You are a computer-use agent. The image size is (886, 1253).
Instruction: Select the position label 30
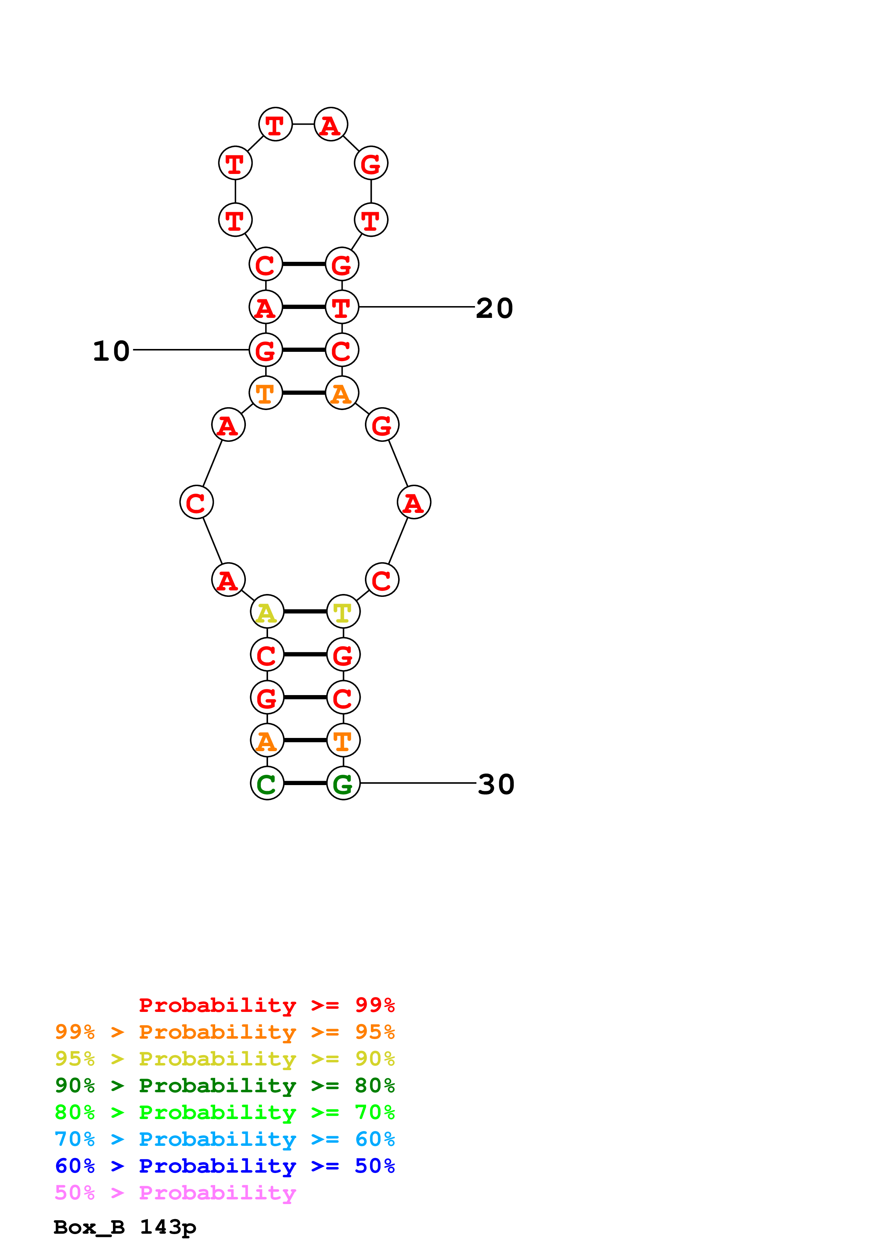click(x=496, y=784)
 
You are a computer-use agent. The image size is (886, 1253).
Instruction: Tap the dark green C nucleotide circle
click(x=267, y=783)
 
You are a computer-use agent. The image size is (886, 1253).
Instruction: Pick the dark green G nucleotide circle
click(x=343, y=783)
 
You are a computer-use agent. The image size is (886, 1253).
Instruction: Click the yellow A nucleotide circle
click(x=267, y=612)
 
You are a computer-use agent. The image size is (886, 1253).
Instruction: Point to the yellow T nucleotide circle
click(x=343, y=612)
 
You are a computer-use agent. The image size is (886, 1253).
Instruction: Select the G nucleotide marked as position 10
click(x=266, y=350)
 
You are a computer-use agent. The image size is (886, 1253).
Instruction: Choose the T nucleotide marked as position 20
click(x=342, y=307)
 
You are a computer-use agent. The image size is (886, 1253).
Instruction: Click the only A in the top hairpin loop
click(x=331, y=124)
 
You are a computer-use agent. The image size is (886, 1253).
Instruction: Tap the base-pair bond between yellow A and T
click(x=305, y=612)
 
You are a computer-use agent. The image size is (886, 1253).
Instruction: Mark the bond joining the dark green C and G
click(x=305, y=783)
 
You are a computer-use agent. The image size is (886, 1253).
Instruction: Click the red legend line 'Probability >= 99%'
click(x=266, y=1005)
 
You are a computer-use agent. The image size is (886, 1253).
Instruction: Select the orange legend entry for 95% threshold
click(x=224, y=1032)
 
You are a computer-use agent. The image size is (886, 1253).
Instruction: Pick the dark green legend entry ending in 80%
click(x=224, y=1085)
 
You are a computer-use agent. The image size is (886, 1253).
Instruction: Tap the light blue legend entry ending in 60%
click(x=224, y=1139)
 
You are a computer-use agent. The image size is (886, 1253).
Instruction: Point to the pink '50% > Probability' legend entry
click(x=175, y=1192)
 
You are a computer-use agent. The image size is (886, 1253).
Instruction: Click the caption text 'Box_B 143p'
click(x=124, y=1227)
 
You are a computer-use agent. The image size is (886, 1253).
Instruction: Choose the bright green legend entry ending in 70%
click(x=224, y=1112)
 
